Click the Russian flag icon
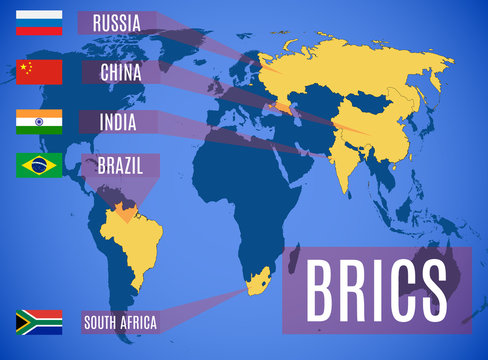39,22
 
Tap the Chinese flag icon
39,72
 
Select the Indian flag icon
39,122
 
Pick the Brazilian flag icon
39,165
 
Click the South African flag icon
39,322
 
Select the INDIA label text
120,122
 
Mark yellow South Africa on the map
255,285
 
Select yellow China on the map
385,120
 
